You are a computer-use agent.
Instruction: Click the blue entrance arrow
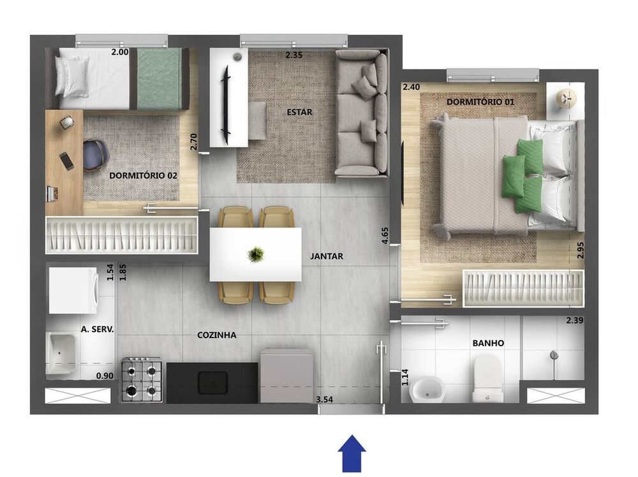click(x=351, y=453)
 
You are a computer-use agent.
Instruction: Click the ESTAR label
click(x=299, y=112)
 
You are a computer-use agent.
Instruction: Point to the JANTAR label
click(x=327, y=256)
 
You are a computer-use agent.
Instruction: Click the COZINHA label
click(x=217, y=335)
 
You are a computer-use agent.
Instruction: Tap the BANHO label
click(x=488, y=343)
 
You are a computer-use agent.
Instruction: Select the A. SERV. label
click(x=97, y=330)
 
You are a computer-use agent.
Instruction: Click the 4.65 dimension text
click(x=385, y=228)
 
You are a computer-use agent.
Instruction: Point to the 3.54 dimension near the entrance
click(x=325, y=400)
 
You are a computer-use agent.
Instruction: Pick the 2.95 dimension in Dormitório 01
click(x=581, y=249)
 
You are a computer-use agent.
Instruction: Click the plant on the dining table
click(x=256, y=254)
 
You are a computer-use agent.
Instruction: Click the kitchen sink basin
click(x=213, y=383)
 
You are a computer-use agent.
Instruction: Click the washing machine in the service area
click(x=73, y=290)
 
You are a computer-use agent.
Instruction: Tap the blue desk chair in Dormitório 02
click(x=95, y=155)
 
